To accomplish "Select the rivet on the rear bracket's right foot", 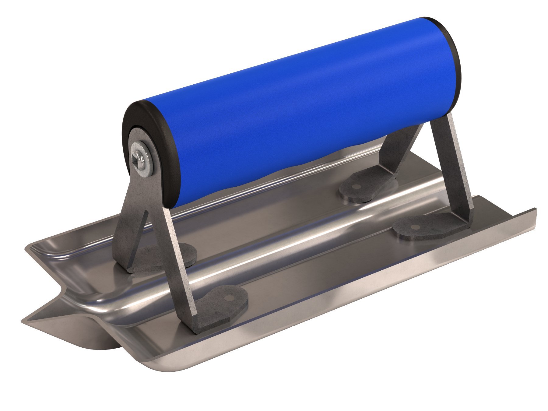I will point(415,227).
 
